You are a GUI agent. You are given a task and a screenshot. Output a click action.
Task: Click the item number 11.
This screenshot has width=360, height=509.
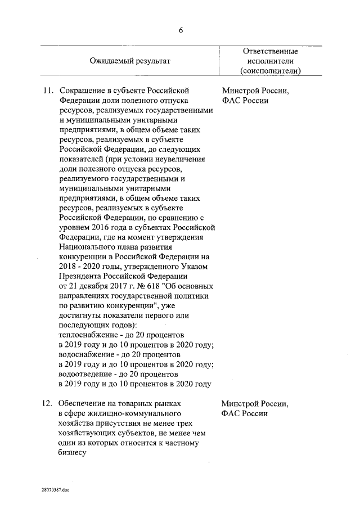click(x=48, y=91)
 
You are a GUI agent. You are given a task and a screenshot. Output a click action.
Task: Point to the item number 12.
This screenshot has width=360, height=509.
click(x=48, y=404)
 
